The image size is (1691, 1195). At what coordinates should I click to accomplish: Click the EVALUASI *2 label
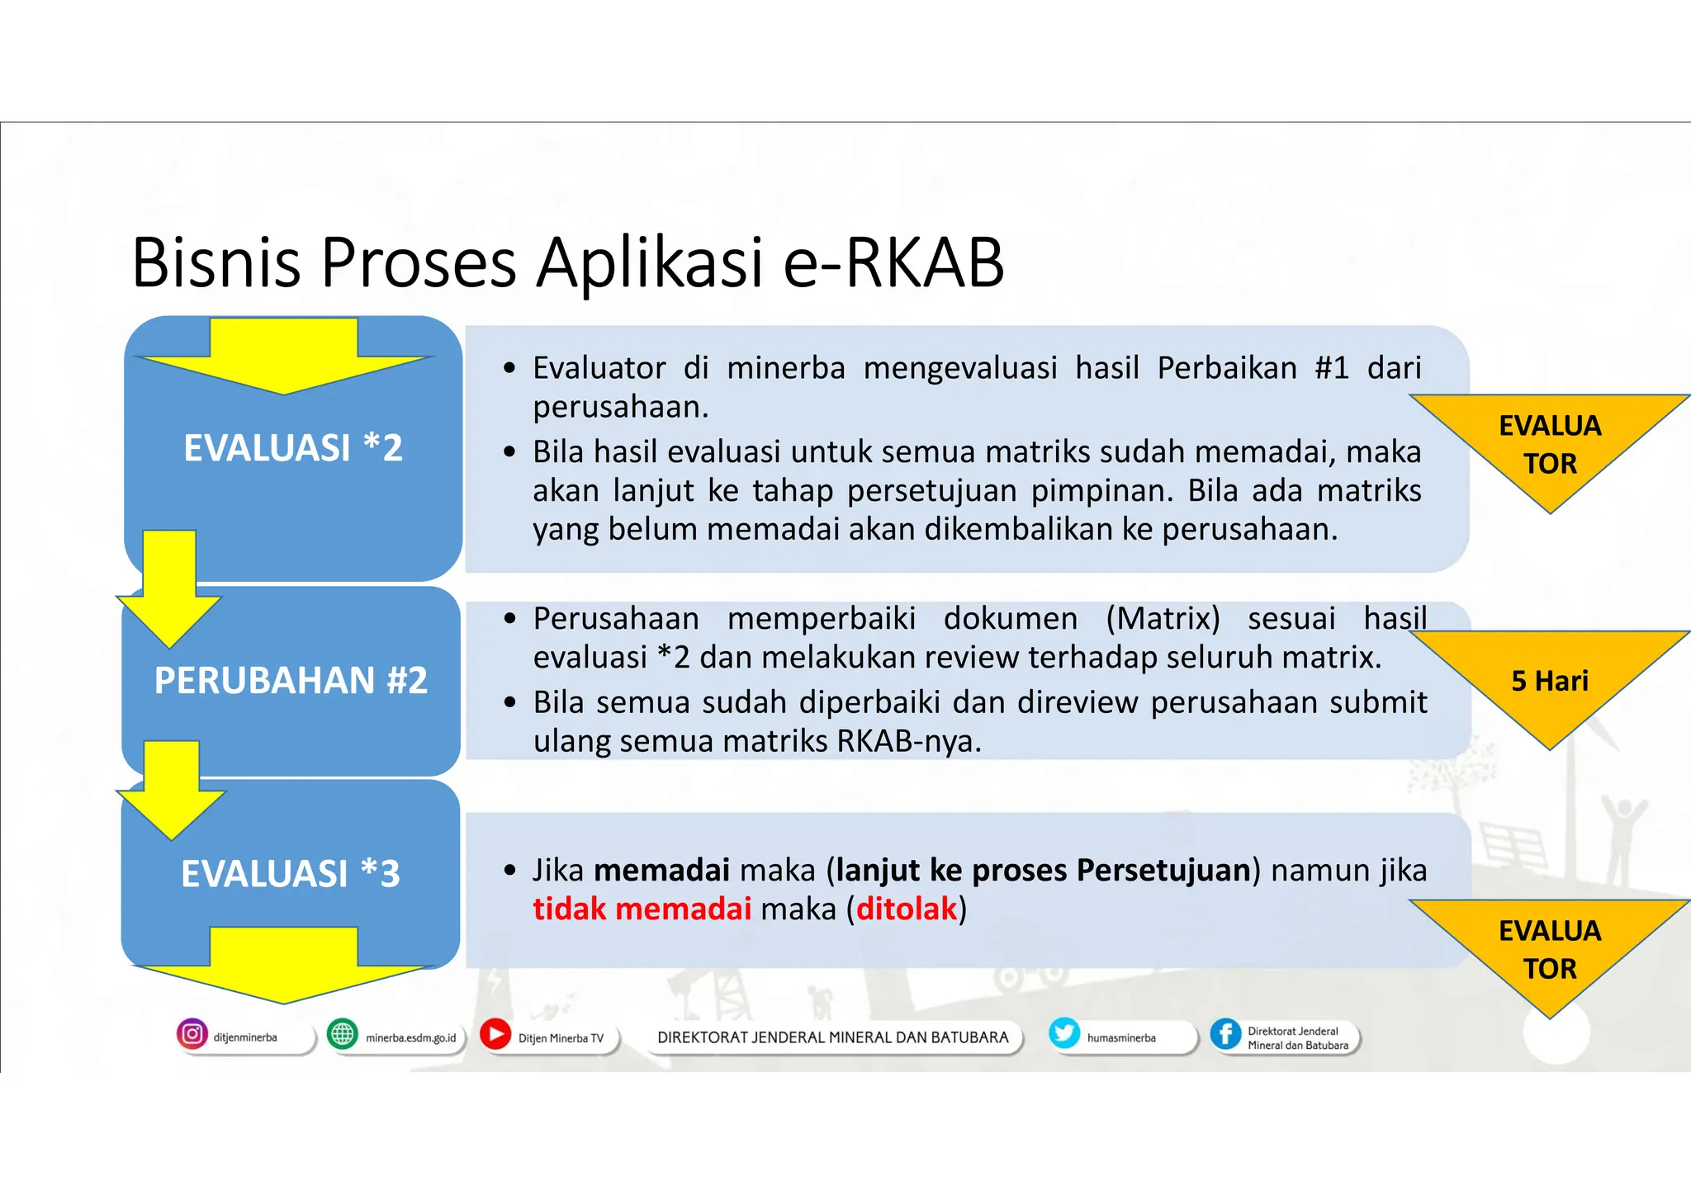pyautogui.click(x=292, y=448)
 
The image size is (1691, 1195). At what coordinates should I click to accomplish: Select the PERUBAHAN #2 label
pyautogui.click(x=291, y=681)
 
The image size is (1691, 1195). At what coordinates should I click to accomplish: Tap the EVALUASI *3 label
pyautogui.click(x=291, y=874)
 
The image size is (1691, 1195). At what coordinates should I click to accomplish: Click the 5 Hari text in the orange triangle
pyautogui.click(x=1550, y=681)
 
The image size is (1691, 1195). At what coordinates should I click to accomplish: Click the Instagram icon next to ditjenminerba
pyautogui.click(x=192, y=1034)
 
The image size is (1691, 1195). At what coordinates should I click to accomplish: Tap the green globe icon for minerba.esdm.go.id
pyautogui.click(x=342, y=1034)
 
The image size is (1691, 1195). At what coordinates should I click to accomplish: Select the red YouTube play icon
pyautogui.click(x=495, y=1034)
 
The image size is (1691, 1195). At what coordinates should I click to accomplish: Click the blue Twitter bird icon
pyautogui.click(x=1064, y=1033)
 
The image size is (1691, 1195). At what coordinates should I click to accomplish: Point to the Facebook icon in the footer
pyautogui.click(x=1225, y=1034)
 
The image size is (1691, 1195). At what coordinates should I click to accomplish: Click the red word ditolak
pyautogui.click(x=906, y=909)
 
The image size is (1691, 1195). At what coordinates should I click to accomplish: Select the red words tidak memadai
pyautogui.click(x=642, y=909)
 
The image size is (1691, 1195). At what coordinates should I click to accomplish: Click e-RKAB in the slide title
pyautogui.click(x=893, y=262)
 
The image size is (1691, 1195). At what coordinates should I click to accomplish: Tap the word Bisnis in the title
pyautogui.click(x=216, y=262)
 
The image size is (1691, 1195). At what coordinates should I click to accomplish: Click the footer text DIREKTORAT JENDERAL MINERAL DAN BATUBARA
pyautogui.click(x=832, y=1037)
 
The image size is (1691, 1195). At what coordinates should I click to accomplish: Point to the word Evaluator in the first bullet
pyautogui.click(x=599, y=368)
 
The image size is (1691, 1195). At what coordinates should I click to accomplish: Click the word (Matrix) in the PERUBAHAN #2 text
pyautogui.click(x=1163, y=618)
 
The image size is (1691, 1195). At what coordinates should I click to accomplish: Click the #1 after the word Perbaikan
pyautogui.click(x=1331, y=368)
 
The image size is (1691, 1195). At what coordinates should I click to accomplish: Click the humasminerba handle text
pyautogui.click(x=1120, y=1038)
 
